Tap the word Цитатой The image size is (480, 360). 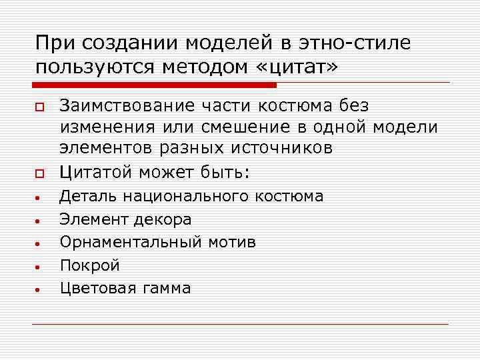coord(97,172)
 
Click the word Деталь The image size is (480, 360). coord(83,196)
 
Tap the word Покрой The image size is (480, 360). coord(90,265)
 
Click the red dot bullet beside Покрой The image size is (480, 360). coord(40,267)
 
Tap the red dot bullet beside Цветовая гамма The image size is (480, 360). coord(40,289)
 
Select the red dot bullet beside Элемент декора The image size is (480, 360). coord(40,220)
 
